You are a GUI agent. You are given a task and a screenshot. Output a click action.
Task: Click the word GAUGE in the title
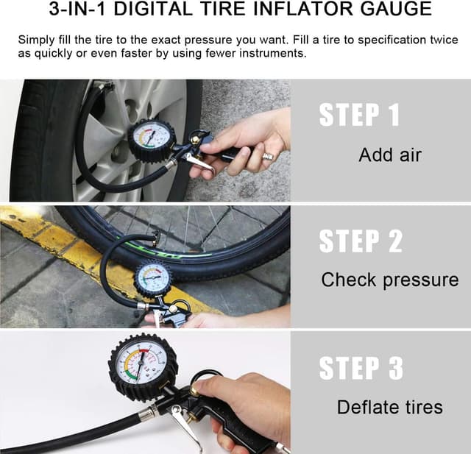[x=394, y=10]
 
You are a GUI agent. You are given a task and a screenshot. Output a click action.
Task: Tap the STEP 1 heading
[x=359, y=116]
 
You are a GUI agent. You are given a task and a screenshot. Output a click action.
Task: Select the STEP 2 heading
[x=361, y=242]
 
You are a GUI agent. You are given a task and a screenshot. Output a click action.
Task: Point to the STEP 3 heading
[x=361, y=369]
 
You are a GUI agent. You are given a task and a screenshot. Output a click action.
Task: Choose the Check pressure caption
[x=389, y=280]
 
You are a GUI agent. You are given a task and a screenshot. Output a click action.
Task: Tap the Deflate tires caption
[x=389, y=407]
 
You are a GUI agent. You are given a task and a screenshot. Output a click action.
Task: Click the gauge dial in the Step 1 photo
[x=151, y=138]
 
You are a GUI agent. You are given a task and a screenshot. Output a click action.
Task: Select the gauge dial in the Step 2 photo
[x=154, y=278]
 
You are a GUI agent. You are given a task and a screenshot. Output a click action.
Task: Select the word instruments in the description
[x=268, y=54]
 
